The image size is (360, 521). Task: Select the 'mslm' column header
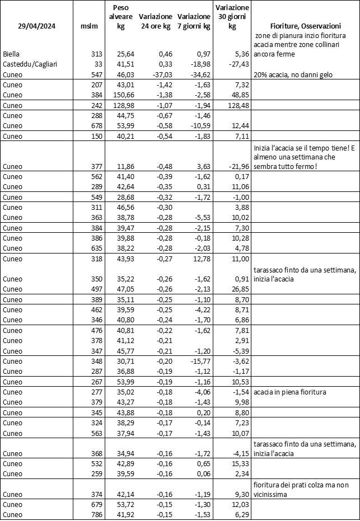pos(88,26)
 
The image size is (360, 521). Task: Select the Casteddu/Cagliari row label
pos(30,64)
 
